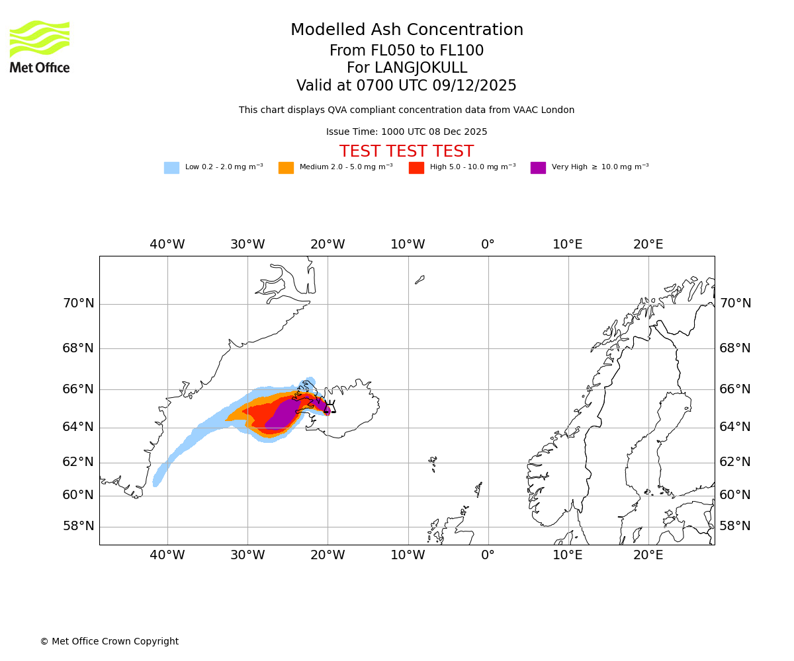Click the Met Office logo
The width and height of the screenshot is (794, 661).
40,46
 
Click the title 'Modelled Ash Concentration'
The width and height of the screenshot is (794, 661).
406,30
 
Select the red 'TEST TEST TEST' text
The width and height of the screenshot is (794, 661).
406,152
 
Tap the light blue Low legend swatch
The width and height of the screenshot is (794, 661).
171,168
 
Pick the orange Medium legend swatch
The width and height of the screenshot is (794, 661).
286,168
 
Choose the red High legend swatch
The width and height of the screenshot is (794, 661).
416,168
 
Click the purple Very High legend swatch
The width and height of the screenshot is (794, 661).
538,168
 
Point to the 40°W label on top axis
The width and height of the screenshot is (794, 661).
167,245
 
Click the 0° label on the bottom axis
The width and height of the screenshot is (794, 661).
488,555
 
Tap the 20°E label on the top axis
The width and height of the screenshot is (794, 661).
648,245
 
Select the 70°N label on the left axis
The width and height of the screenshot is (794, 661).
78,303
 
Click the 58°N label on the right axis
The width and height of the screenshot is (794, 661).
735,526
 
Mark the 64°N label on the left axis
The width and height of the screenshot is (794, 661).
78,427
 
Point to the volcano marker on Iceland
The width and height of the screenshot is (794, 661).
330,407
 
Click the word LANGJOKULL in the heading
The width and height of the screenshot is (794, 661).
420,68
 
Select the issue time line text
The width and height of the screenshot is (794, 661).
406,132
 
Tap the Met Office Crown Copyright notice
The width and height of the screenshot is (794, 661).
109,642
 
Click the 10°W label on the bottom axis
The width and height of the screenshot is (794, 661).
408,555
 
